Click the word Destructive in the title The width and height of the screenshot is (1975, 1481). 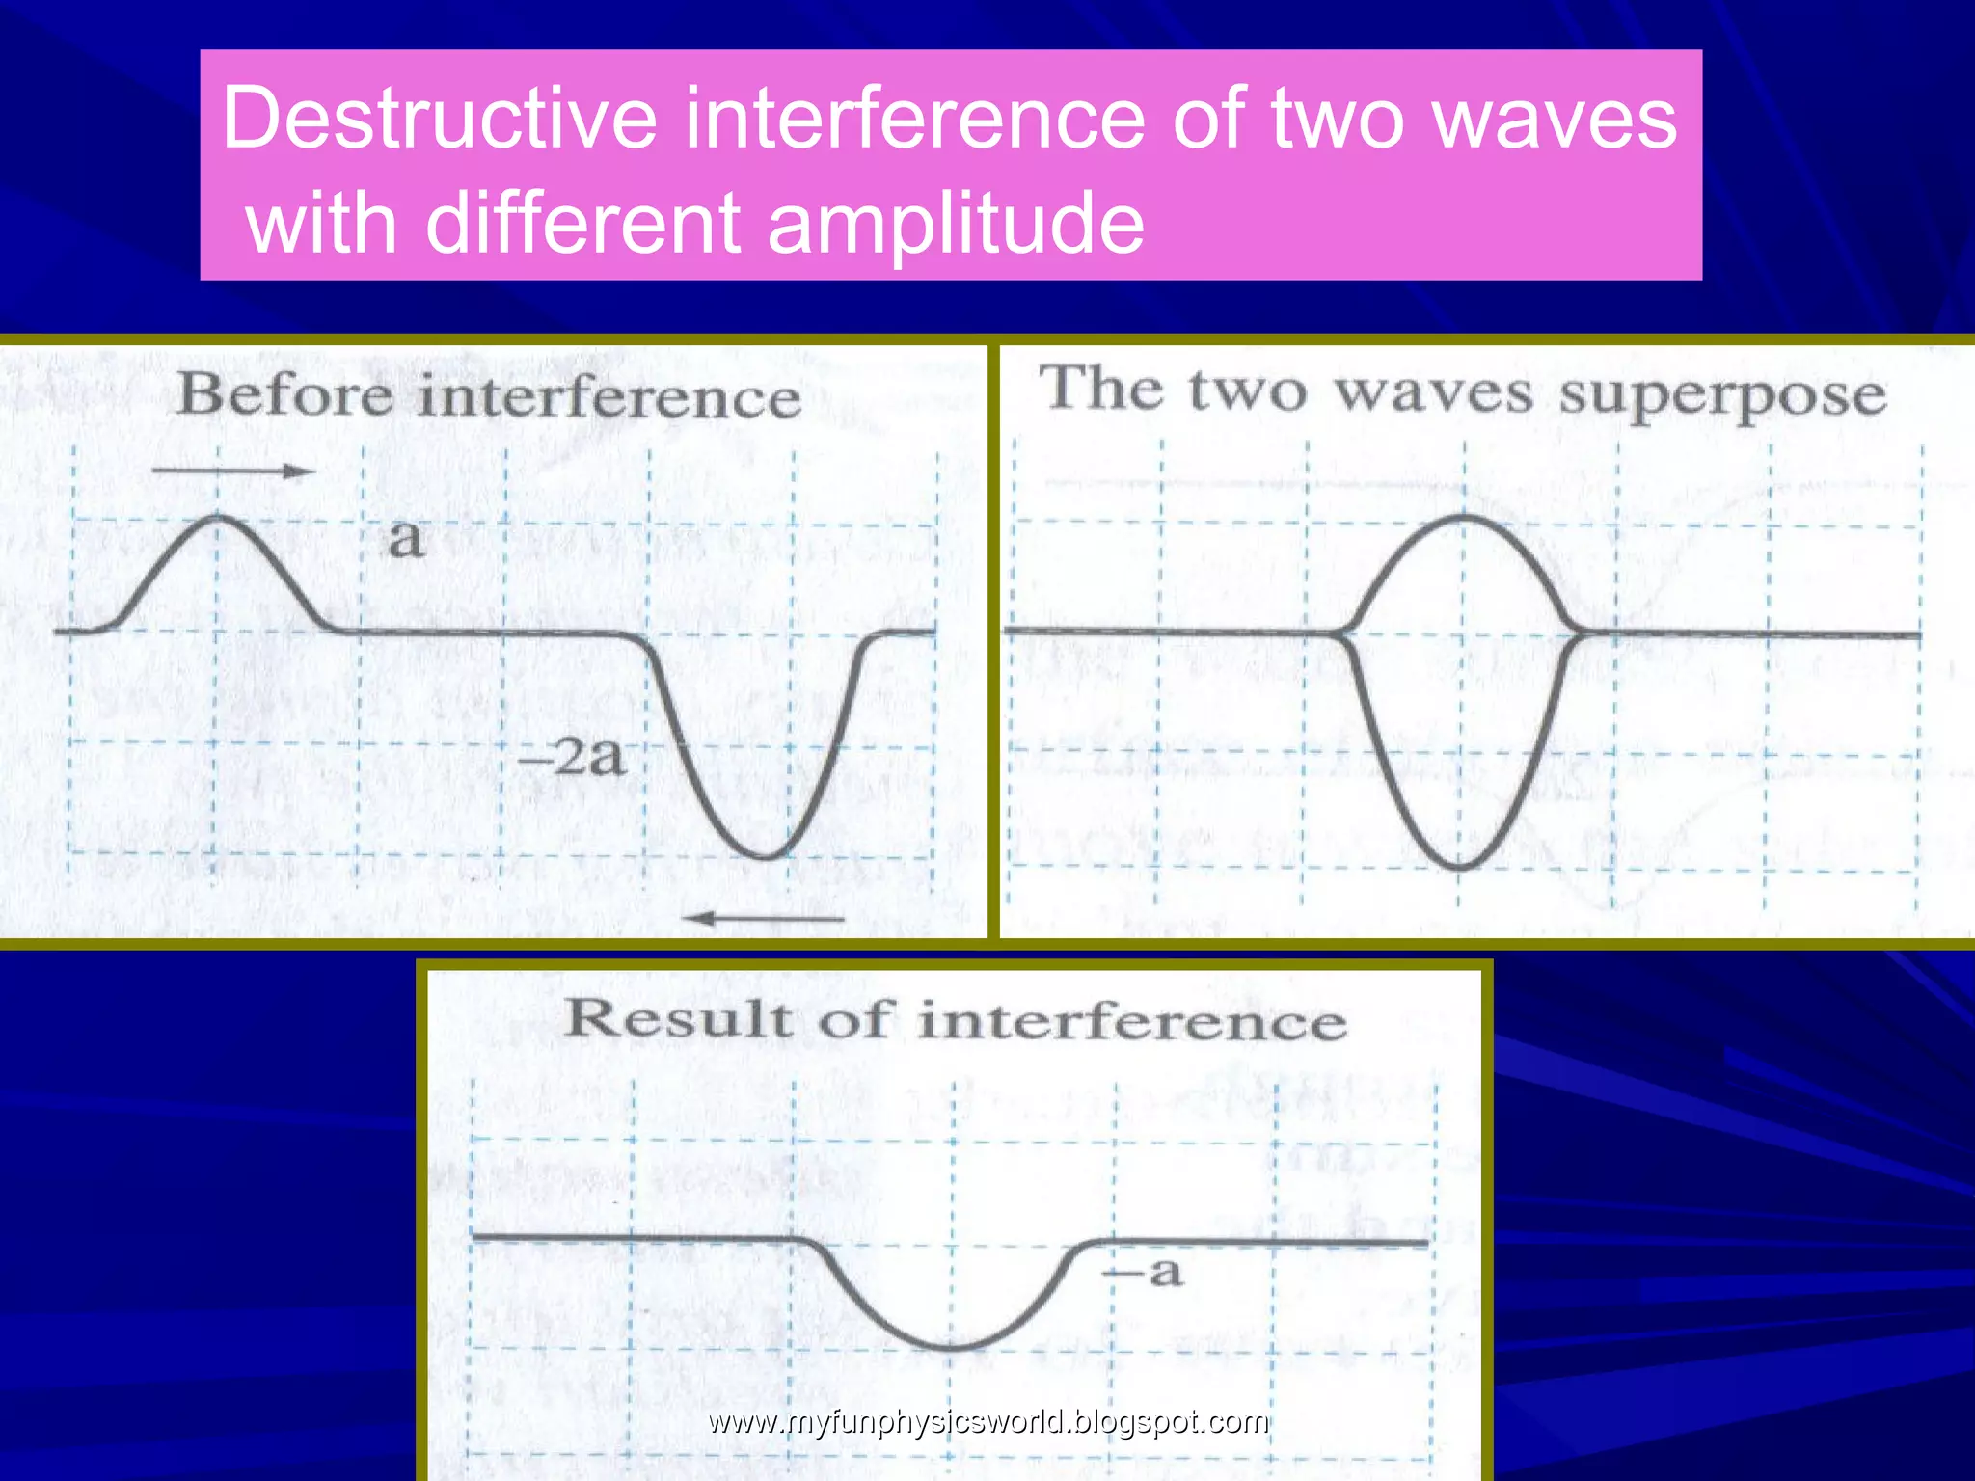[x=440, y=118]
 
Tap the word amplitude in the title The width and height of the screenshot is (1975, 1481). [x=956, y=224]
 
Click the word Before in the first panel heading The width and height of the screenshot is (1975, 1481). [x=286, y=395]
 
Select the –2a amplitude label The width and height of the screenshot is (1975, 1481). [x=572, y=757]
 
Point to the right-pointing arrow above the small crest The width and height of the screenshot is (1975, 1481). [x=233, y=471]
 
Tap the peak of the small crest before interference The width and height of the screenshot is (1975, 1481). [x=218, y=518]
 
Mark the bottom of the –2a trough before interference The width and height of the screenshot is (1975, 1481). [x=767, y=856]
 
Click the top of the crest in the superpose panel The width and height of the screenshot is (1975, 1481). [x=1464, y=518]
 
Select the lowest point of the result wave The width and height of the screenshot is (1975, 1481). [x=950, y=1347]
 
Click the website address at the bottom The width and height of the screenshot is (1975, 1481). [x=987, y=1421]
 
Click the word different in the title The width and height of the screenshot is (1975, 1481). [x=582, y=224]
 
